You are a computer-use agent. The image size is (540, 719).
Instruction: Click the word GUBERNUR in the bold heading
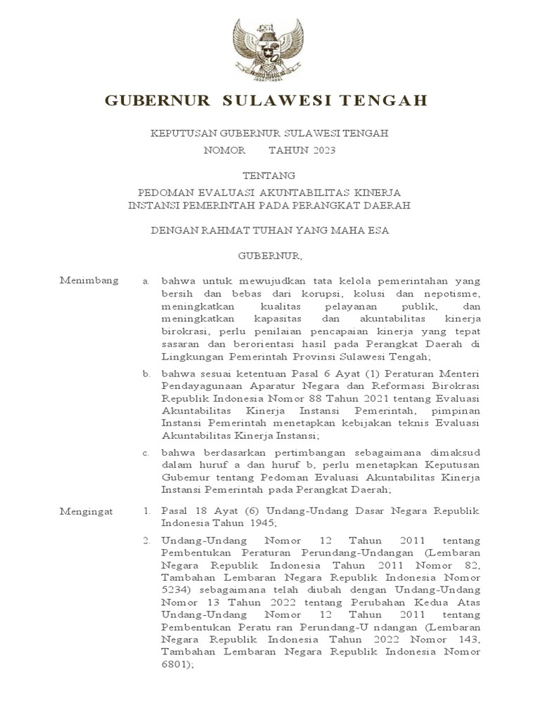pos(157,101)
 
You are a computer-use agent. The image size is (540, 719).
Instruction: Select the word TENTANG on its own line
pos(269,175)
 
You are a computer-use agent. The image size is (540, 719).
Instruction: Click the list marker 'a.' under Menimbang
pos(146,281)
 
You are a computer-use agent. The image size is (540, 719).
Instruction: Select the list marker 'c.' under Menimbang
pos(146,453)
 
